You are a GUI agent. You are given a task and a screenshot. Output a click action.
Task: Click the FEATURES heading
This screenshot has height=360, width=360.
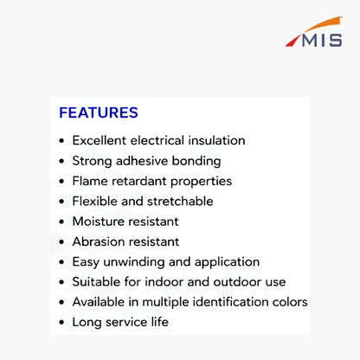pyautogui.click(x=99, y=112)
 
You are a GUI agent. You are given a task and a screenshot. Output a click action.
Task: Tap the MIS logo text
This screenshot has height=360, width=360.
pyautogui.click(x=322, y=40)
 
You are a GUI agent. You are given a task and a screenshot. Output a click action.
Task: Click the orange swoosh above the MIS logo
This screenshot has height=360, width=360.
pyautogui.click(x=322, y=24)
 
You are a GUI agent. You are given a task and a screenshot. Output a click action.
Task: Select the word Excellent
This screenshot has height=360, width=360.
pyautogui.click(x=100, y=140)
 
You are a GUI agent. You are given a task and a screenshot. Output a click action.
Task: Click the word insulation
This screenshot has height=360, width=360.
pyautogui.click(x=216, y=140)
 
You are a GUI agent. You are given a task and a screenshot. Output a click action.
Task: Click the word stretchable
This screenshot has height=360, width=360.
pyautogui.click(x=180, y=201)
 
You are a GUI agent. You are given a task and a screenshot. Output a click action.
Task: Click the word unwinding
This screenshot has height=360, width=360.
pyautogui.click(x=134, y=262)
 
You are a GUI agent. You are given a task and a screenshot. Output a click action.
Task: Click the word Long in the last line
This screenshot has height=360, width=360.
pyautogui.click(x=87, y=322)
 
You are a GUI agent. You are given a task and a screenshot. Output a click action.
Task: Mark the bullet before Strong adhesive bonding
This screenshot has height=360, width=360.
pyautogui.click(x=61, y=161)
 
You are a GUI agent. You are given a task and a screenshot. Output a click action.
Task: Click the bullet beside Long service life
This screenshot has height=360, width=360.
pyautogui.click(x=61, y=323)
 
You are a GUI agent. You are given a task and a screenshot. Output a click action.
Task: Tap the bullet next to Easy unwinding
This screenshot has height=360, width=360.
pyautogui.click(x=61, y=262)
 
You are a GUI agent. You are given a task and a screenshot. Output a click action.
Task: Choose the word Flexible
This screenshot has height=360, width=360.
pyautogui.click(x=94, y=201)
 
